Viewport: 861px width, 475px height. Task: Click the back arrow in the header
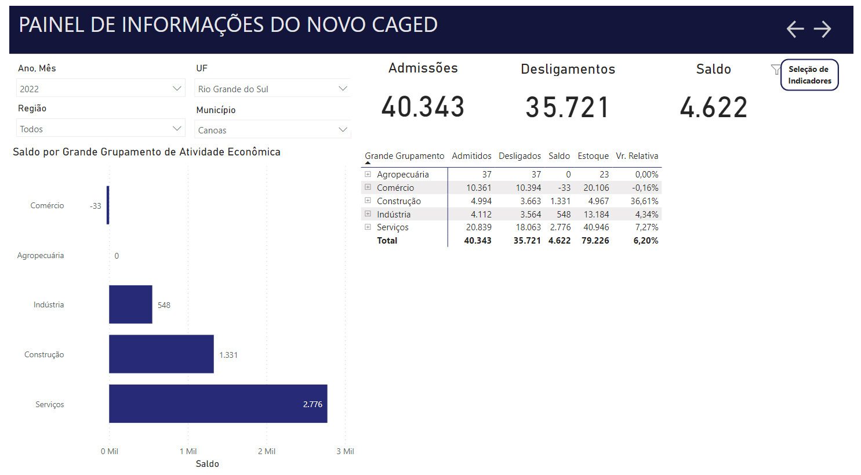[795, 29]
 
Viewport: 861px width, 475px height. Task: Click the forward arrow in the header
[822, 29]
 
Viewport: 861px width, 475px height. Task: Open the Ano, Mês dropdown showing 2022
[100, 89]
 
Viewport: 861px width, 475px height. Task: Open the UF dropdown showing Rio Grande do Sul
[273, 89]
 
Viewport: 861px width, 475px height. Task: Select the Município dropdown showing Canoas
[273, 130]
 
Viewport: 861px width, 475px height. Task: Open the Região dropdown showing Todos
[100, 129]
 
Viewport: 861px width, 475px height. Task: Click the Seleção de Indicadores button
[809, 75]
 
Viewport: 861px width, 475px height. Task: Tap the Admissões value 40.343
[423, 107]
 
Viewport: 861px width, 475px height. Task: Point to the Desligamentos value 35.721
[568, 107]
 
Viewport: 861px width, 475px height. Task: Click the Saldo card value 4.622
[714, 107]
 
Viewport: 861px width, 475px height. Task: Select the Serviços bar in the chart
[218, 404]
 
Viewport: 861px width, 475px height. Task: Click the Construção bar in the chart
[161, 354]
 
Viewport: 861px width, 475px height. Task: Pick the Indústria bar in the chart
[130, 304]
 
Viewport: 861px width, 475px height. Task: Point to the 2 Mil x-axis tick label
[267, 451]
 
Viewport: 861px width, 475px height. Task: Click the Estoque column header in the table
[593, 156]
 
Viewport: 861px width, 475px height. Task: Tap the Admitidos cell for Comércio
[479, 188]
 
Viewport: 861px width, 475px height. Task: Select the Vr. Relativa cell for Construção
[644, 201]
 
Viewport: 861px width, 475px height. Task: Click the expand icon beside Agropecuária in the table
[368, 174]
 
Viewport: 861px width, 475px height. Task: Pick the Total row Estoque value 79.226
[595, 241]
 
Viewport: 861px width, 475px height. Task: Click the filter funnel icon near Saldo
[775, 70]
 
